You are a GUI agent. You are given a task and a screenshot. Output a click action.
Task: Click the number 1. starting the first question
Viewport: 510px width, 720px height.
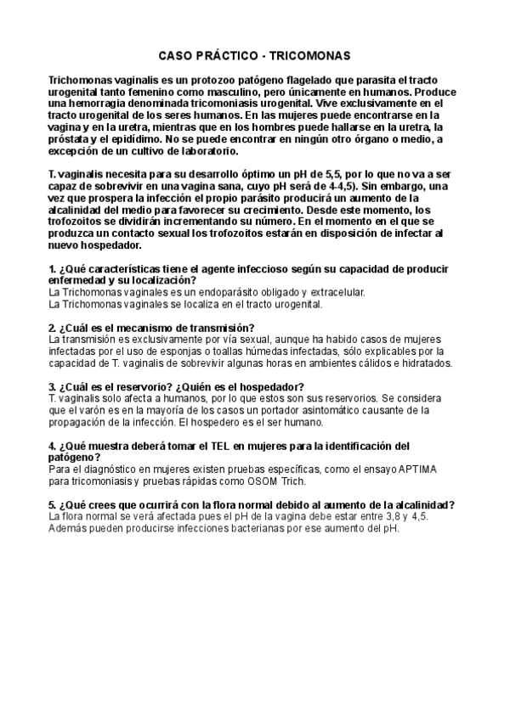click(x=53, y=269)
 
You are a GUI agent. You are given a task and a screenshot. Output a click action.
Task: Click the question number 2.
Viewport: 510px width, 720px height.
click(x=53, y=328)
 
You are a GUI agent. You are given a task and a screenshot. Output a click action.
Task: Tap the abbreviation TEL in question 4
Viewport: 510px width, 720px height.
click(x=229, y=445)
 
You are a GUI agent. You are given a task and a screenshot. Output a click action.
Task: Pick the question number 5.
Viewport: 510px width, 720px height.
click(x=53, y=504)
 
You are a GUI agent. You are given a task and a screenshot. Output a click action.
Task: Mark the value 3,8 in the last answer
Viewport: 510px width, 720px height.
click(x=377, y=516)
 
